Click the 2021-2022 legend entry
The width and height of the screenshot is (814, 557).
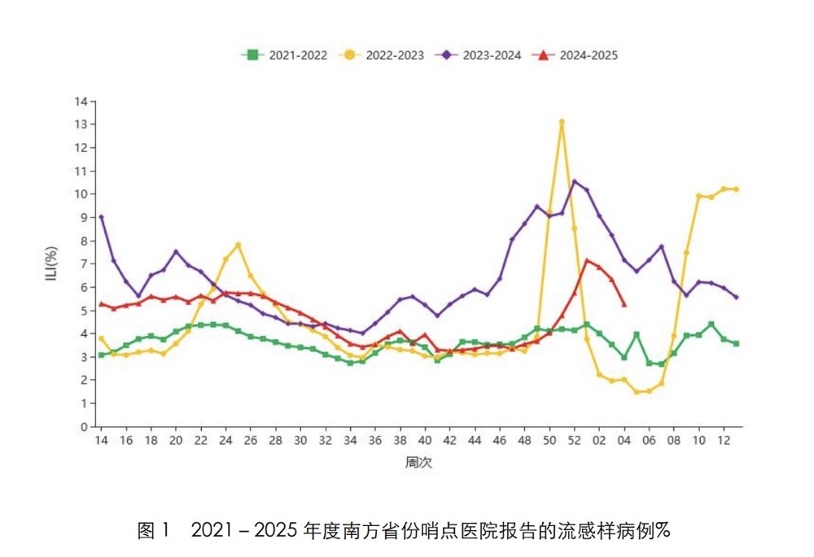285,55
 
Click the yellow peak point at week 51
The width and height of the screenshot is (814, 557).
562,122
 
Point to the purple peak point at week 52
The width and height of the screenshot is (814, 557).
574,181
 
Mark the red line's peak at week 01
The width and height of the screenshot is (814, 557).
587,261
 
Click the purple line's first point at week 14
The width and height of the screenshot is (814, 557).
101,217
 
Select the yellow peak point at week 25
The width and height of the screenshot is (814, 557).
238,245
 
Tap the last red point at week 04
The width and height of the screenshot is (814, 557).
624,305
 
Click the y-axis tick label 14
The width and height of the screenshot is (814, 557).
81,102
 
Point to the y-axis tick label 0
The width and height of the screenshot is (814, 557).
84,426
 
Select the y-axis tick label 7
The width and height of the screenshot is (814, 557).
84,263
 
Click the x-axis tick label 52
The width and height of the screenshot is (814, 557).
574,441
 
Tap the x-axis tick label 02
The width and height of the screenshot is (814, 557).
599,441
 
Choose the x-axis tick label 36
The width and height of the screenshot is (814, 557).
374,441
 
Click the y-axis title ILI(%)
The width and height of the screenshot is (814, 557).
50,263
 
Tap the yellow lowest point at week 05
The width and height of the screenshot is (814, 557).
637,392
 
